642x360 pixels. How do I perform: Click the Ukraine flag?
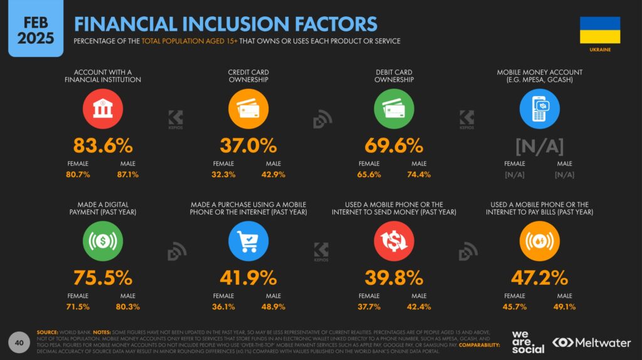point(599,29)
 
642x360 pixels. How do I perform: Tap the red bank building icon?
point(103,110)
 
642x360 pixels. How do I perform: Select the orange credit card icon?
point(248,110)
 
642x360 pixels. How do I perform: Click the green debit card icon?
point(394,110)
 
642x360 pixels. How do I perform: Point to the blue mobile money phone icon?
point(539,110)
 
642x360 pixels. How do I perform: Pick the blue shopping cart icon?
point(248,241)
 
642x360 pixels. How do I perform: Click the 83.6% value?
point(103,146)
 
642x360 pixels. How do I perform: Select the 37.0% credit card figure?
point(248,146)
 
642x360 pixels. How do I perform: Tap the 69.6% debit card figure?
point(394,146)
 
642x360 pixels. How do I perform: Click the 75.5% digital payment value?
point(103,278)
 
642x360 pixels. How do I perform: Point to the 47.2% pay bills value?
point(539,278)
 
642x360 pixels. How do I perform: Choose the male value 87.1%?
point(127,174)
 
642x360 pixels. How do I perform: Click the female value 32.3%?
point(224,174)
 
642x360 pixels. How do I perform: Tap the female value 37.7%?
point(369,307)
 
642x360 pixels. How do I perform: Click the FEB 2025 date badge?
point(35,29)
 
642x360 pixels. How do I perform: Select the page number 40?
point(19,342)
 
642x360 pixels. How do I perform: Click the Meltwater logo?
point(592,342)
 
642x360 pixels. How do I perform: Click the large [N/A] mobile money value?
point(539,146)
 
